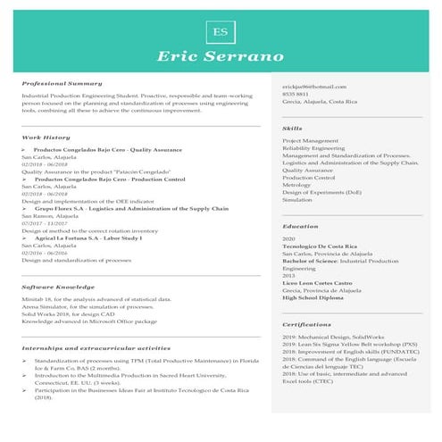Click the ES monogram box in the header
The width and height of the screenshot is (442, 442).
click(x=220, y=31)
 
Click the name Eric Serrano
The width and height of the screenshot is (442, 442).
click(x=220, y=57)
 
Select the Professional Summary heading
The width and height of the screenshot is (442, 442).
click(x=62, y=83)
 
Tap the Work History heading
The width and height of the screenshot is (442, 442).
click(x=46, y=138)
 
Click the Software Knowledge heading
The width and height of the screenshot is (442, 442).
click(x=58, y=287)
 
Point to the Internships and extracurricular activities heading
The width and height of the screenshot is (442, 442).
click(x=96, y=347)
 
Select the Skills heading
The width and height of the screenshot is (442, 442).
click(x=292, y=129)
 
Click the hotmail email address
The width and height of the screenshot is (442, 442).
click(x=313, y=86)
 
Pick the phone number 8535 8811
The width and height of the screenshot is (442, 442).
click(x=296, y=94)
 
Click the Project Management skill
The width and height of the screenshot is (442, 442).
click(x=310, y=141)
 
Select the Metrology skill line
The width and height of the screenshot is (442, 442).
click(x=298, y=185)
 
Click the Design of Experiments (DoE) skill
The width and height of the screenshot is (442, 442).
click(x=321, y=192)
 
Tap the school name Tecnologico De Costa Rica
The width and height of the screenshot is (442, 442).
click(x=320, y=246)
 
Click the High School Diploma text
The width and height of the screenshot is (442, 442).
click(x=315, y=297)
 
